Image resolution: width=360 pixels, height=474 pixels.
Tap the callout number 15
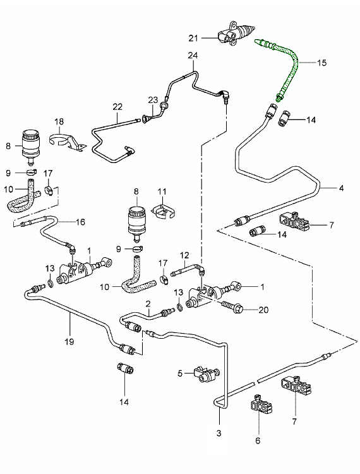pyautogui.click(x=321, y=63)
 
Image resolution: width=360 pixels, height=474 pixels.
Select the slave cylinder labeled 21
pyautogui.click(x=236, y=33)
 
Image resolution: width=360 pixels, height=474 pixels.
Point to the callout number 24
pyautogui.click(x=193, y=56)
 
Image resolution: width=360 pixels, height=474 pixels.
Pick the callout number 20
pyautogui.click(x=263, y=310)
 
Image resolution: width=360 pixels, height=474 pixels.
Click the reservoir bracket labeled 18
pyautogui.click(x=67, y=142)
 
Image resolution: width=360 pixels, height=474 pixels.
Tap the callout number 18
pyautogui.click(x=59, y=121)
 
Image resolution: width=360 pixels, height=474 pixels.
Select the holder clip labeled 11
pyautogui.click(x=163, y=211)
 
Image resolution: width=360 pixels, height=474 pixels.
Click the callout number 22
pyautogui.click(x=117, y=107)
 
